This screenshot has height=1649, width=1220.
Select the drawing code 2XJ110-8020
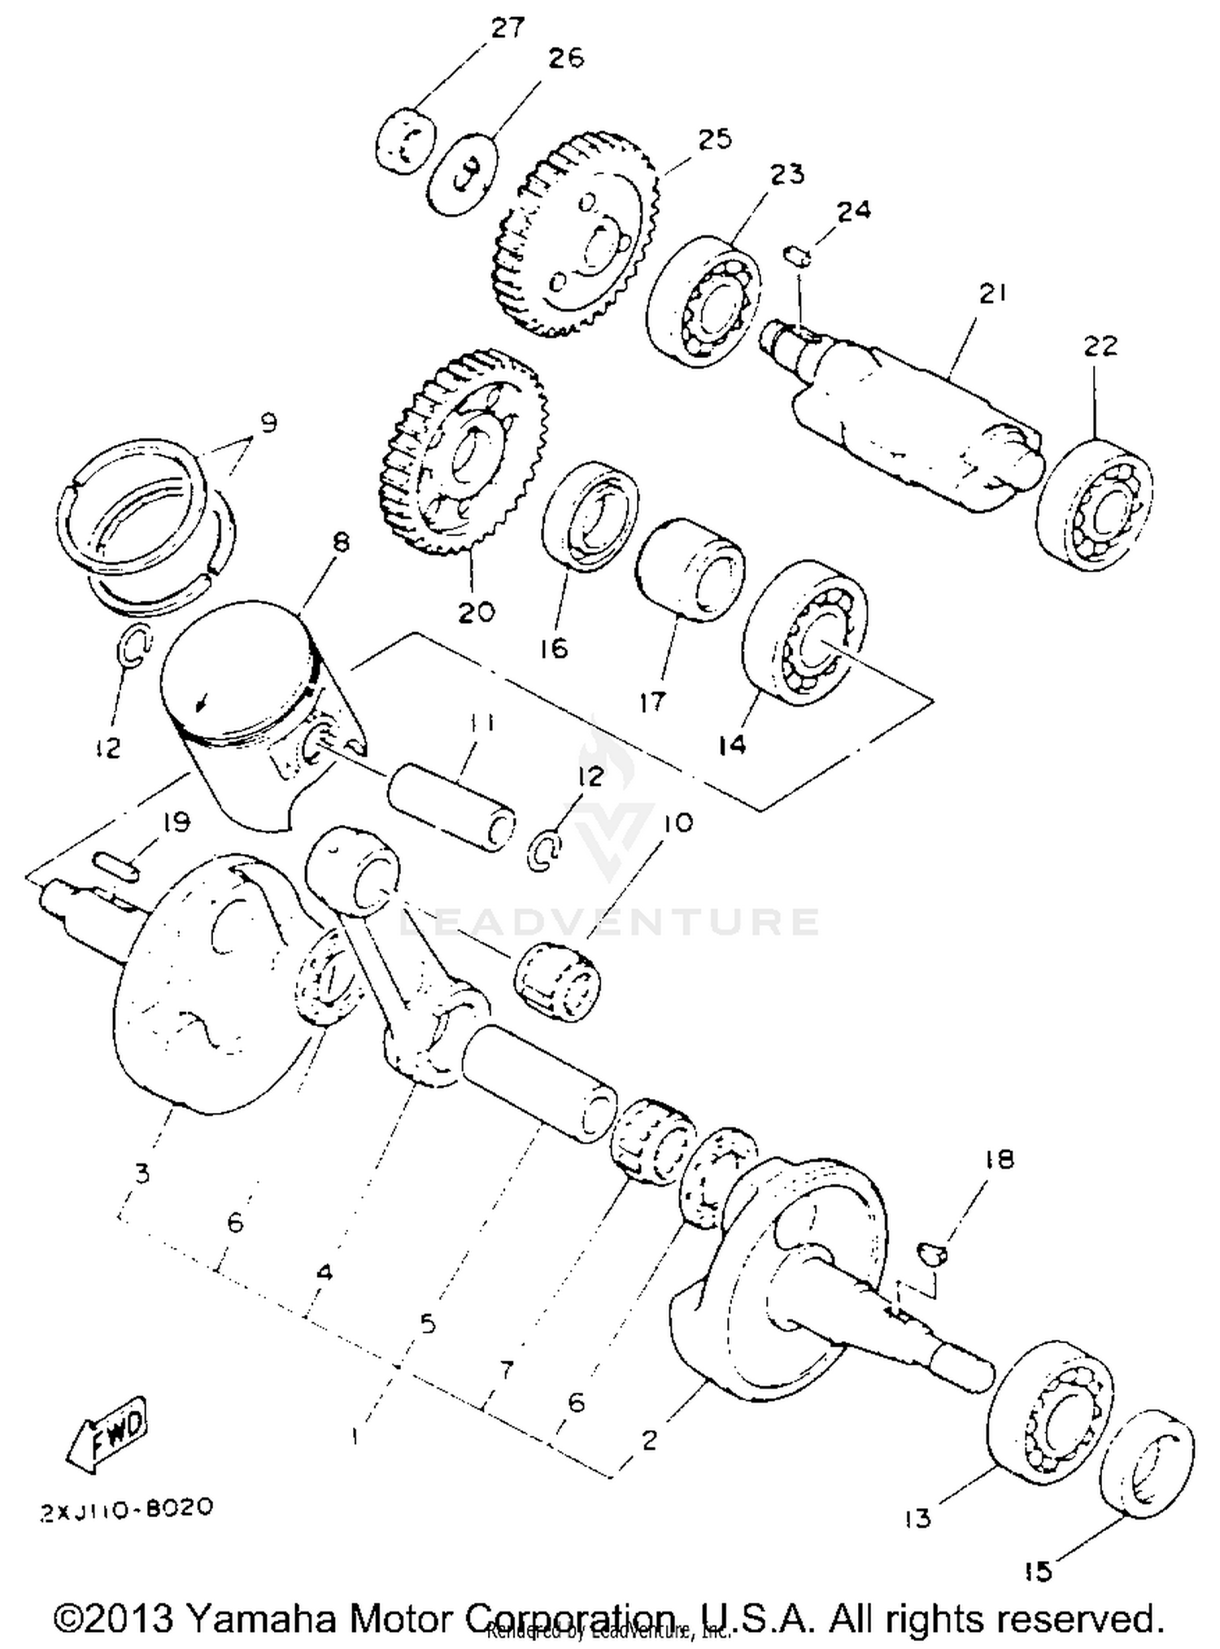[127, 1507]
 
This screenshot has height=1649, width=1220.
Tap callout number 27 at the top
[508, 28]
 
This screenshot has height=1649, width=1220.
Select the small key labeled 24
[797, 255]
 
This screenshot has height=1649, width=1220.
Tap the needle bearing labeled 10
[558, 979]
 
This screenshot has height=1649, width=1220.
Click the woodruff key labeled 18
[932, 1252]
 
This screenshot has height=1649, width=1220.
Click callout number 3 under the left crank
[142, 1173]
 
